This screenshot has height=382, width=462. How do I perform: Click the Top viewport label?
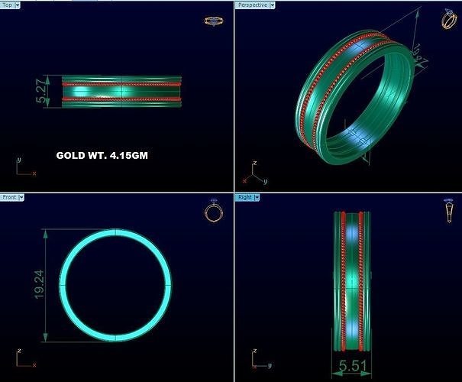coord(8,5)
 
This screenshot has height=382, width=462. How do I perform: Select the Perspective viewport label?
coord(253,5)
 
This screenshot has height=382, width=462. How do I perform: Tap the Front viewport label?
coord(9,197)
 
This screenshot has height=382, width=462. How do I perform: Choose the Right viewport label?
coord(244,197)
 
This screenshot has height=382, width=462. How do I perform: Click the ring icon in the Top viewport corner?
coord(213,21)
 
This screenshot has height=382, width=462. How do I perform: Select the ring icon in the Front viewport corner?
coord(213,211)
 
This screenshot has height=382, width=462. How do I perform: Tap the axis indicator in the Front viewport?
coord(22,358)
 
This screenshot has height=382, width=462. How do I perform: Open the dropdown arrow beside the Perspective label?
coord(273,5)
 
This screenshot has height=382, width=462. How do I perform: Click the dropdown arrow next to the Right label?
coord(257,197)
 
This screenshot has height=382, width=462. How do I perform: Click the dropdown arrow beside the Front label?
coord(21,197)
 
